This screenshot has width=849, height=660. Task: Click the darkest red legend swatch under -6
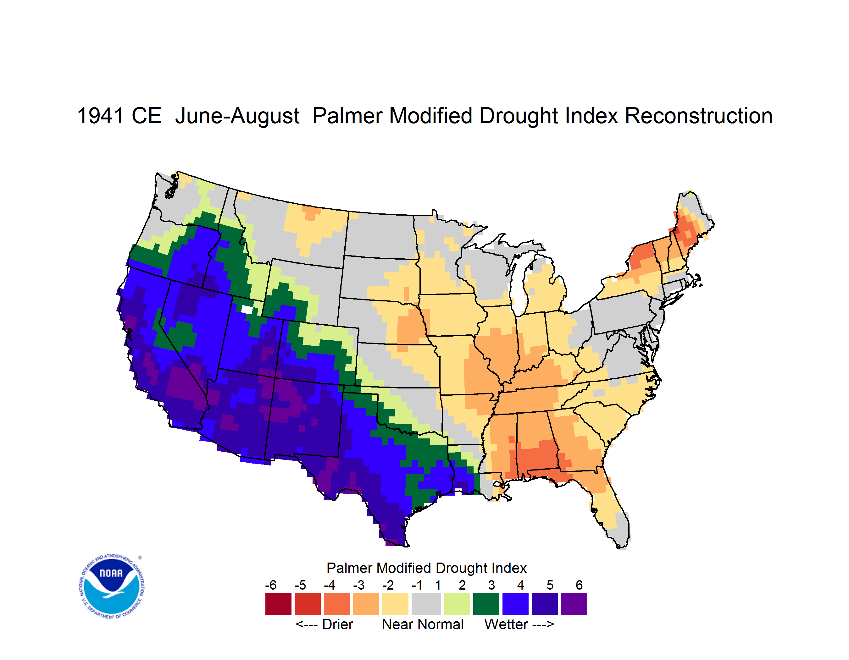pyautogui.click(x=278, y=604)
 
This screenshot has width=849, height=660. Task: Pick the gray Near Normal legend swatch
pyautogui.click(x=426, y=604)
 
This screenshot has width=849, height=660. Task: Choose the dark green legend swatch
pyautogui.click(x=486, y=604)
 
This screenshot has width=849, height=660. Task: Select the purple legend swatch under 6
pyautogui.click(x=574, y=604)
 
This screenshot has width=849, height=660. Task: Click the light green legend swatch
pyautogui.click(x=457, y=604)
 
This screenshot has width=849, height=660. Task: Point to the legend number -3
pyautogui.click(x=358, y=585)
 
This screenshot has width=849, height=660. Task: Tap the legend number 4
pyautogui.click(x=520, y=585)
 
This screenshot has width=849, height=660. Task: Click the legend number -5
pyautogui.click(x=300, y=585)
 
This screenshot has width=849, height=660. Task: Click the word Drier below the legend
pyautogui.click(x=337, y=624)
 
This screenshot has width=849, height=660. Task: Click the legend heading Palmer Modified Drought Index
pyautogui.click(x=426, y=568)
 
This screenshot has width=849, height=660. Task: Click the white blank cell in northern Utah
pyautogui.click(x=247, y=309)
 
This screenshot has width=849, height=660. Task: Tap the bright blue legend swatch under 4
pyautogui.click(x=515, y=604)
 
